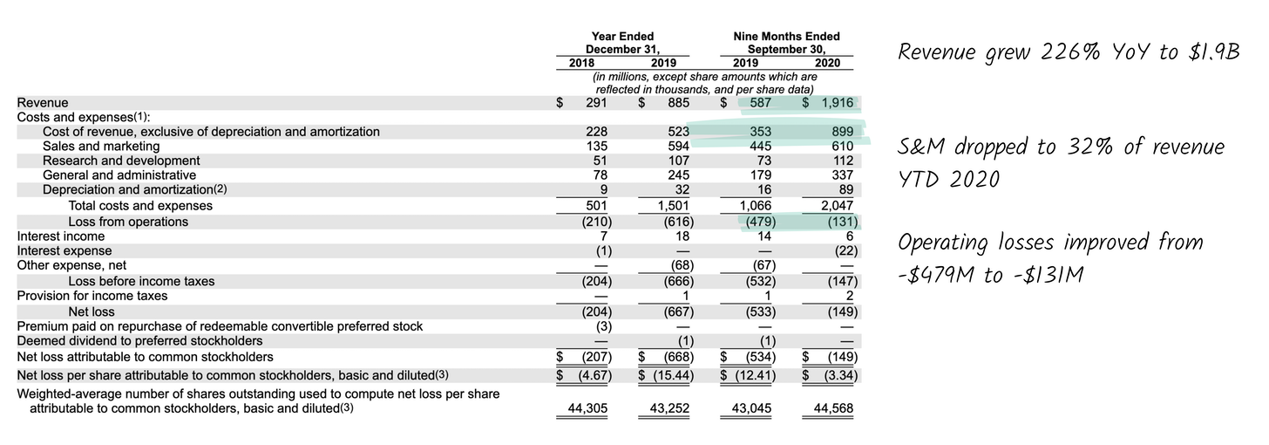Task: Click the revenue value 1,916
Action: [x=838, y=103]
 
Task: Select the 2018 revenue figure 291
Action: [x=596, y=103]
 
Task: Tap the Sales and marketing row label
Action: [x=101, y=147]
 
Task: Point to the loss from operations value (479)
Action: [x=760, y=222]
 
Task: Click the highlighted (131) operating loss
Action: [x=843, y=222]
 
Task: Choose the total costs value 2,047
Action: [x=838, y=206]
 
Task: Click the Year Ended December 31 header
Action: [x=622, y=43]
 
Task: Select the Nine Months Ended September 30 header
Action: [x=786, y=43]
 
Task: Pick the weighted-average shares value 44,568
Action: [x=833, y=408]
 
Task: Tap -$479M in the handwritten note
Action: [x=937, y=276]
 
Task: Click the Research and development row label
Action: [x=121, y=161]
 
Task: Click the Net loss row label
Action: [x=92, y=311]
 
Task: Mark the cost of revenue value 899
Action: [x=843, y=132]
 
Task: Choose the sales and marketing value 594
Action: [x=679, y=147]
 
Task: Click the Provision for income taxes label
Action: [x=92, y=296]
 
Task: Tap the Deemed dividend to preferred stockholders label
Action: [x=140, y=341]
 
